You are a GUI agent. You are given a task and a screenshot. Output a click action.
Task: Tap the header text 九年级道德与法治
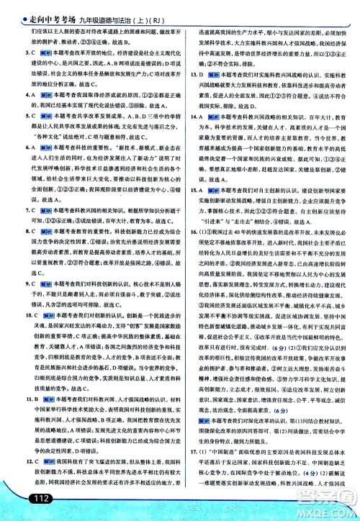click(98, 10)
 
